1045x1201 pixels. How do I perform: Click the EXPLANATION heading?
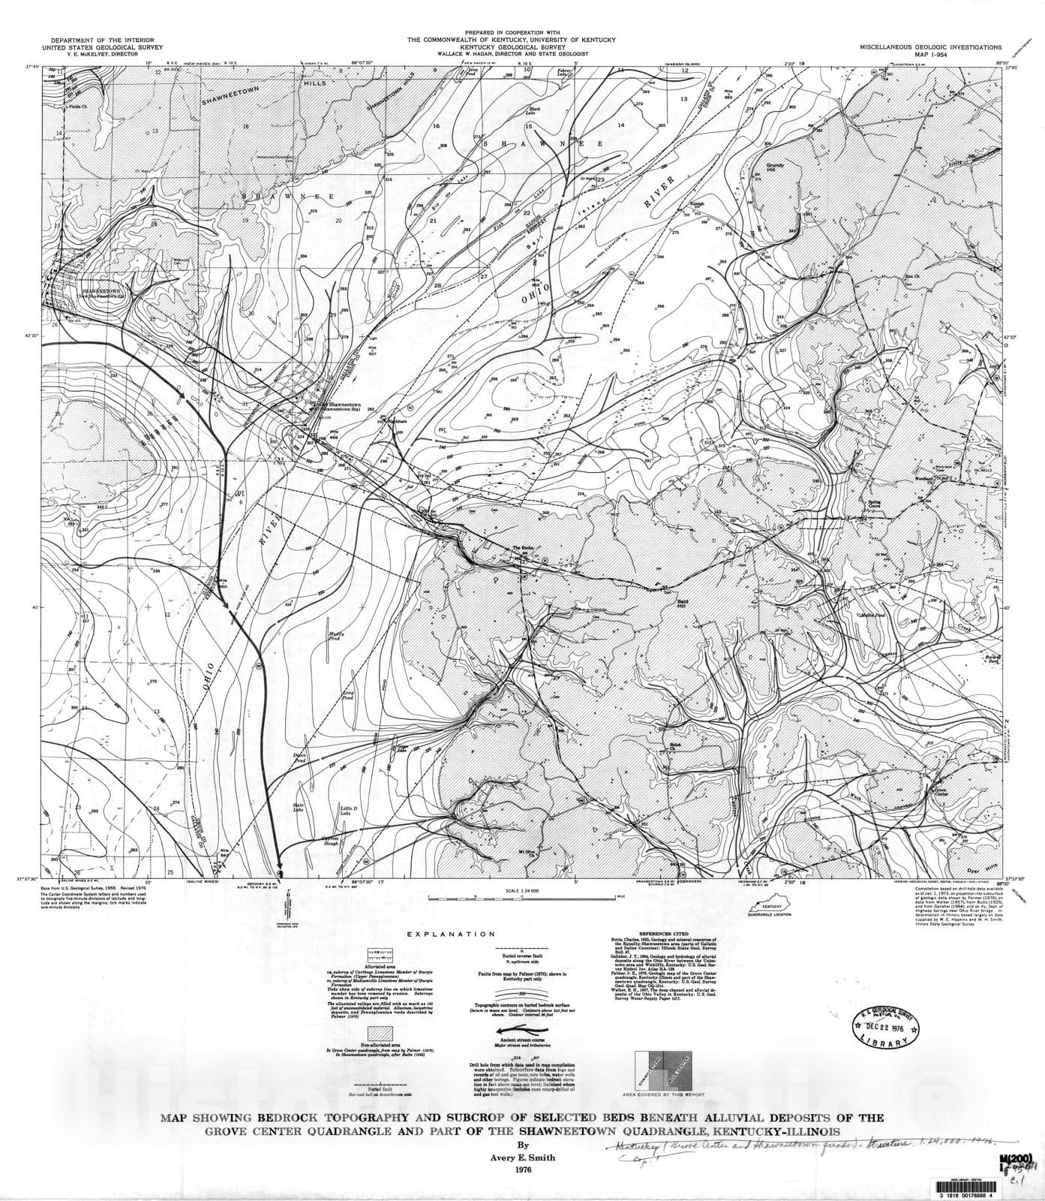click(451, 935)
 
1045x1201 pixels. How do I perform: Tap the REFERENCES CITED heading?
click(662, 934)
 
